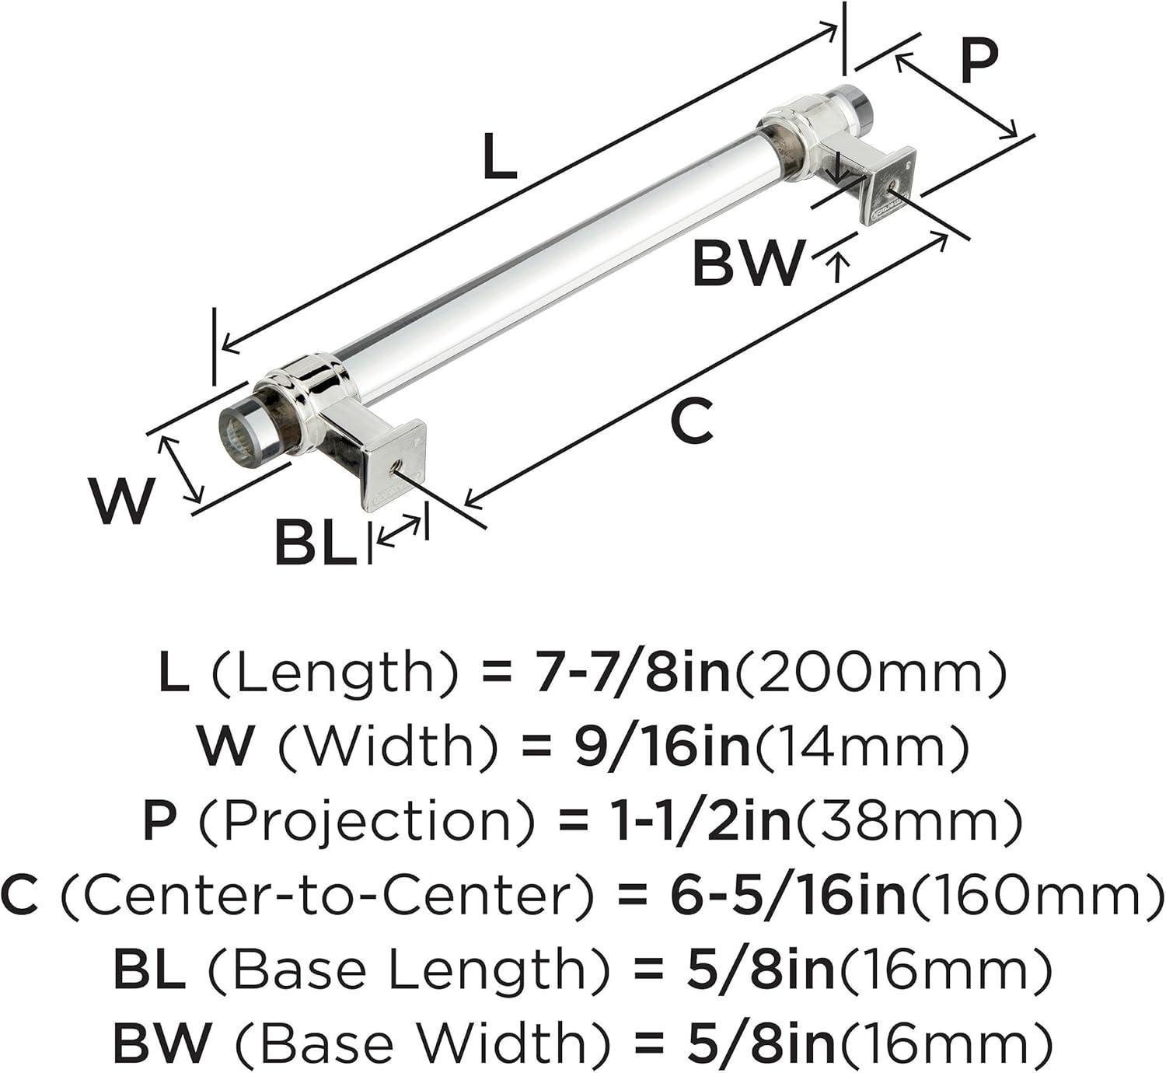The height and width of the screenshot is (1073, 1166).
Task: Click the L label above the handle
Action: (x=499, y=156)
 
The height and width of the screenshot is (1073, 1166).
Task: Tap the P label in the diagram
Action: (x=979, y=61)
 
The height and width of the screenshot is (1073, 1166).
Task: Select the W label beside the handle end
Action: (x=122, y=501)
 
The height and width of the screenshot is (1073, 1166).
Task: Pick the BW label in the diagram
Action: (x=747, y=263)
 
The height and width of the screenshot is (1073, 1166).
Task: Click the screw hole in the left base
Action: (x=395, y=468)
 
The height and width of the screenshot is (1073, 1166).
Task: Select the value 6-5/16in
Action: (x=788, y=896)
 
